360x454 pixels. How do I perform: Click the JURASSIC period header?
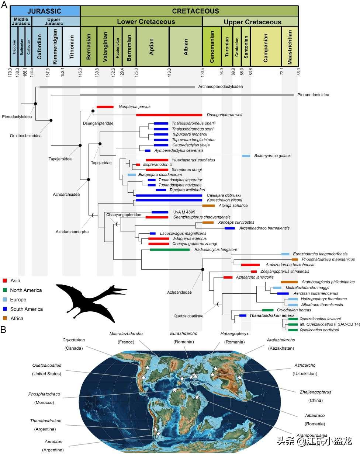click(x=45, y=11)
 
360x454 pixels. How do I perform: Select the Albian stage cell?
click(x=186, y=47)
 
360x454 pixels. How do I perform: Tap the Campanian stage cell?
click(x=266, y=47)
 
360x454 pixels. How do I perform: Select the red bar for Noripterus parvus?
click(x=105, y=107)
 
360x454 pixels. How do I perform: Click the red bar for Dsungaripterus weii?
click(x=169, y=115)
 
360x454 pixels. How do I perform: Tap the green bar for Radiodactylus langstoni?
click(x=170, y=249)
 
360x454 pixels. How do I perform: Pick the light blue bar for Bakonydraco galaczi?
click(x=246, y=156)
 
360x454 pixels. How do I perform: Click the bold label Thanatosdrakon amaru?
click(x=271, y=315)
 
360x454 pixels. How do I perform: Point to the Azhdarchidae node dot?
click(x=202, y=270)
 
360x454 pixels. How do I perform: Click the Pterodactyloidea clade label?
click(x=17, y=117)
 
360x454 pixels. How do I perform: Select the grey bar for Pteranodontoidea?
click(x=187, y=95)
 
